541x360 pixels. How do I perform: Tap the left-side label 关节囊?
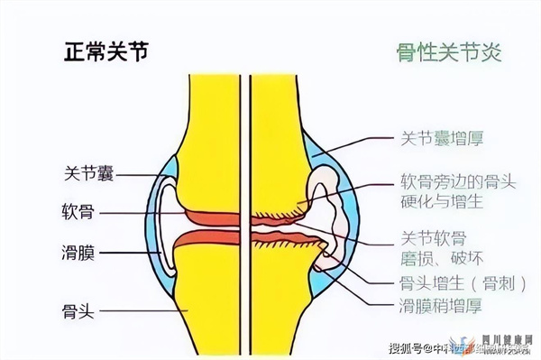pos(89,171)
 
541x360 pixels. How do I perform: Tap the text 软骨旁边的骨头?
pos(457,180)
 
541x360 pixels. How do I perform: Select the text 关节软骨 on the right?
pos(432,239)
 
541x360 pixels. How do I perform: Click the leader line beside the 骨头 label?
pos(144,311)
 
